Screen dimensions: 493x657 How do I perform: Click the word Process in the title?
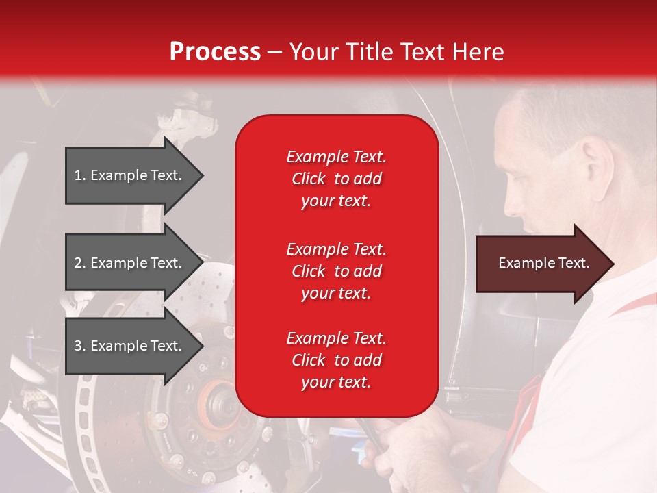click(x=215, y=52)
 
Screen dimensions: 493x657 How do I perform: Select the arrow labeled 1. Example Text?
click(x=130, y=175)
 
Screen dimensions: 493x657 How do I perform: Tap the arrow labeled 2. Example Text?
click(x=130, y=263)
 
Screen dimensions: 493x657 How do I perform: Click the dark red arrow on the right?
click(x=541, y=264)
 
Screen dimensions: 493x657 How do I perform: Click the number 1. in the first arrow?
click(x=80, y=175)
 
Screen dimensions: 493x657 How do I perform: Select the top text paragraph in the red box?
click(x=336, y=179)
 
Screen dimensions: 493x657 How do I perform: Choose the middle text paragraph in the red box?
click(x=336, y=271)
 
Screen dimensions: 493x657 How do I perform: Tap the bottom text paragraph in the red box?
click(x=336, y=360)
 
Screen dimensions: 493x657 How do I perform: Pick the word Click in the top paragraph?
click(x=308, y=179)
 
